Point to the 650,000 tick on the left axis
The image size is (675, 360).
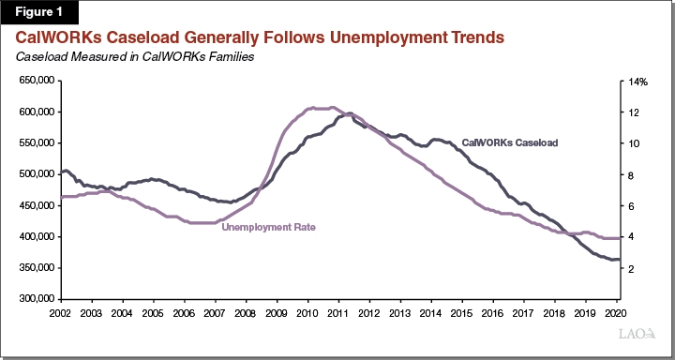pos(34,82)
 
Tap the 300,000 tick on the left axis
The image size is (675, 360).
pos(34,299)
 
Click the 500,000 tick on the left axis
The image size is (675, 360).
pos(34,174)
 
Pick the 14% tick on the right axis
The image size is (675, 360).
pos(638,82)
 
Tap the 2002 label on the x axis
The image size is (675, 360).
pos(60,311)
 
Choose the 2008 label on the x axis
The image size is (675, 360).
pos(245,311)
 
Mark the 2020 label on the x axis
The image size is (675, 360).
pos(613,311)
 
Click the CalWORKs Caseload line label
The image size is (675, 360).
pos(510,142)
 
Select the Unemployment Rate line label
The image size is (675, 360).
pos(267,228)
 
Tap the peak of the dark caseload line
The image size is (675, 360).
pos(350,113)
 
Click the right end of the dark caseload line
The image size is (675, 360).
pos(619,259)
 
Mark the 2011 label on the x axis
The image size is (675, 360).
pos(337,311)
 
